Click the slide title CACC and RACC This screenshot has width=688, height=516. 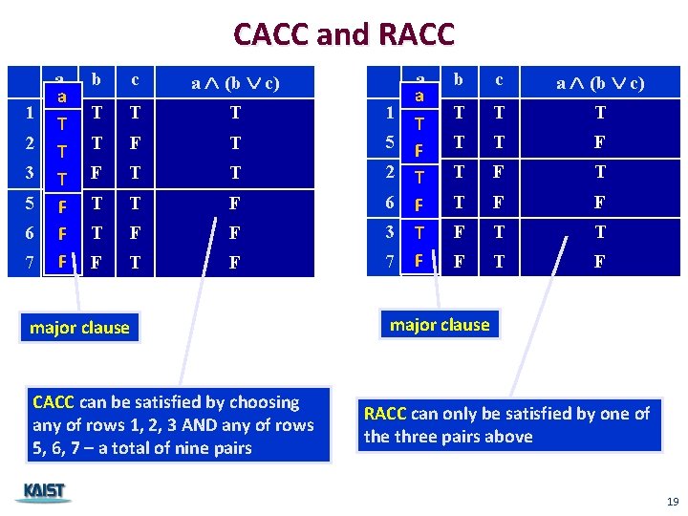(x=344, y=34)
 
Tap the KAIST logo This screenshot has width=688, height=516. (x=44, y=492)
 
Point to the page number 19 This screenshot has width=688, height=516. (x=673, y=502)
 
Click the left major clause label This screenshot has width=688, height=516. (x=79, y=328)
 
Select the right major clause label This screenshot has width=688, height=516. (x=440, y=325)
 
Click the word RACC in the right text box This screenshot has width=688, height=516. (x=385, y=414)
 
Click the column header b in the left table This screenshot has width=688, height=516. (x=96, y=80)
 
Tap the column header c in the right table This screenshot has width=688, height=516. (x=499, y=80)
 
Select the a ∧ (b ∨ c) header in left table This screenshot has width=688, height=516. (x=235, y=83)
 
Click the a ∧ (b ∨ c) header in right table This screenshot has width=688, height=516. (x=600, y=83)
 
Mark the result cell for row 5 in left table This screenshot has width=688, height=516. (x=235, y=203)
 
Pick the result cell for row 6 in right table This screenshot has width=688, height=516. (x=600, y=203)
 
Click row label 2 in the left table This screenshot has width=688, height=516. (x=32, y=143)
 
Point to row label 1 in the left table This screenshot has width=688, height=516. (x=32, y=113)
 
